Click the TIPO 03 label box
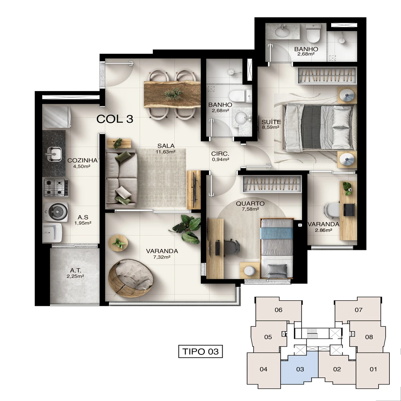coord(200,351)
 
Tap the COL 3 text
coord(115,119)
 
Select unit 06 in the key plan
coord(278,310)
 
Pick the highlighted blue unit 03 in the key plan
coord(300,369)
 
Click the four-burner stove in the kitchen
coord(56,188)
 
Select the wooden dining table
coord(172,94)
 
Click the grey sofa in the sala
coord(121,178)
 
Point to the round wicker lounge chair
coord(131,278)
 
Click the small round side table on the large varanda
coord(118,243)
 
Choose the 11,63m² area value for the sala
coord(166,152)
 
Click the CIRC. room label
coord(220,154)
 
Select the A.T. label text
coord(75,270)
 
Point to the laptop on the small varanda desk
coord(349,210)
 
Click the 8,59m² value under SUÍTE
coord(270,127)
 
